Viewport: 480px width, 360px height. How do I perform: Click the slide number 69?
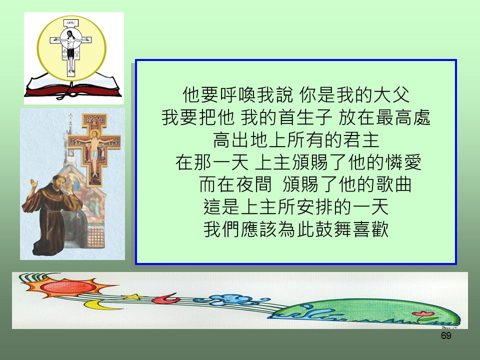(x=446, y=336)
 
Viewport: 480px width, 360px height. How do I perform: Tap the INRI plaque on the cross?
(x=71, y=23)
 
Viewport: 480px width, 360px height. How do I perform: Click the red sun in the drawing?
(x=68, y=287)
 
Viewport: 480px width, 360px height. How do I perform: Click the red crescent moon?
(x=165, y=298)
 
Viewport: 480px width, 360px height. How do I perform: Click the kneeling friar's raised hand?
(x=33, y=184)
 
